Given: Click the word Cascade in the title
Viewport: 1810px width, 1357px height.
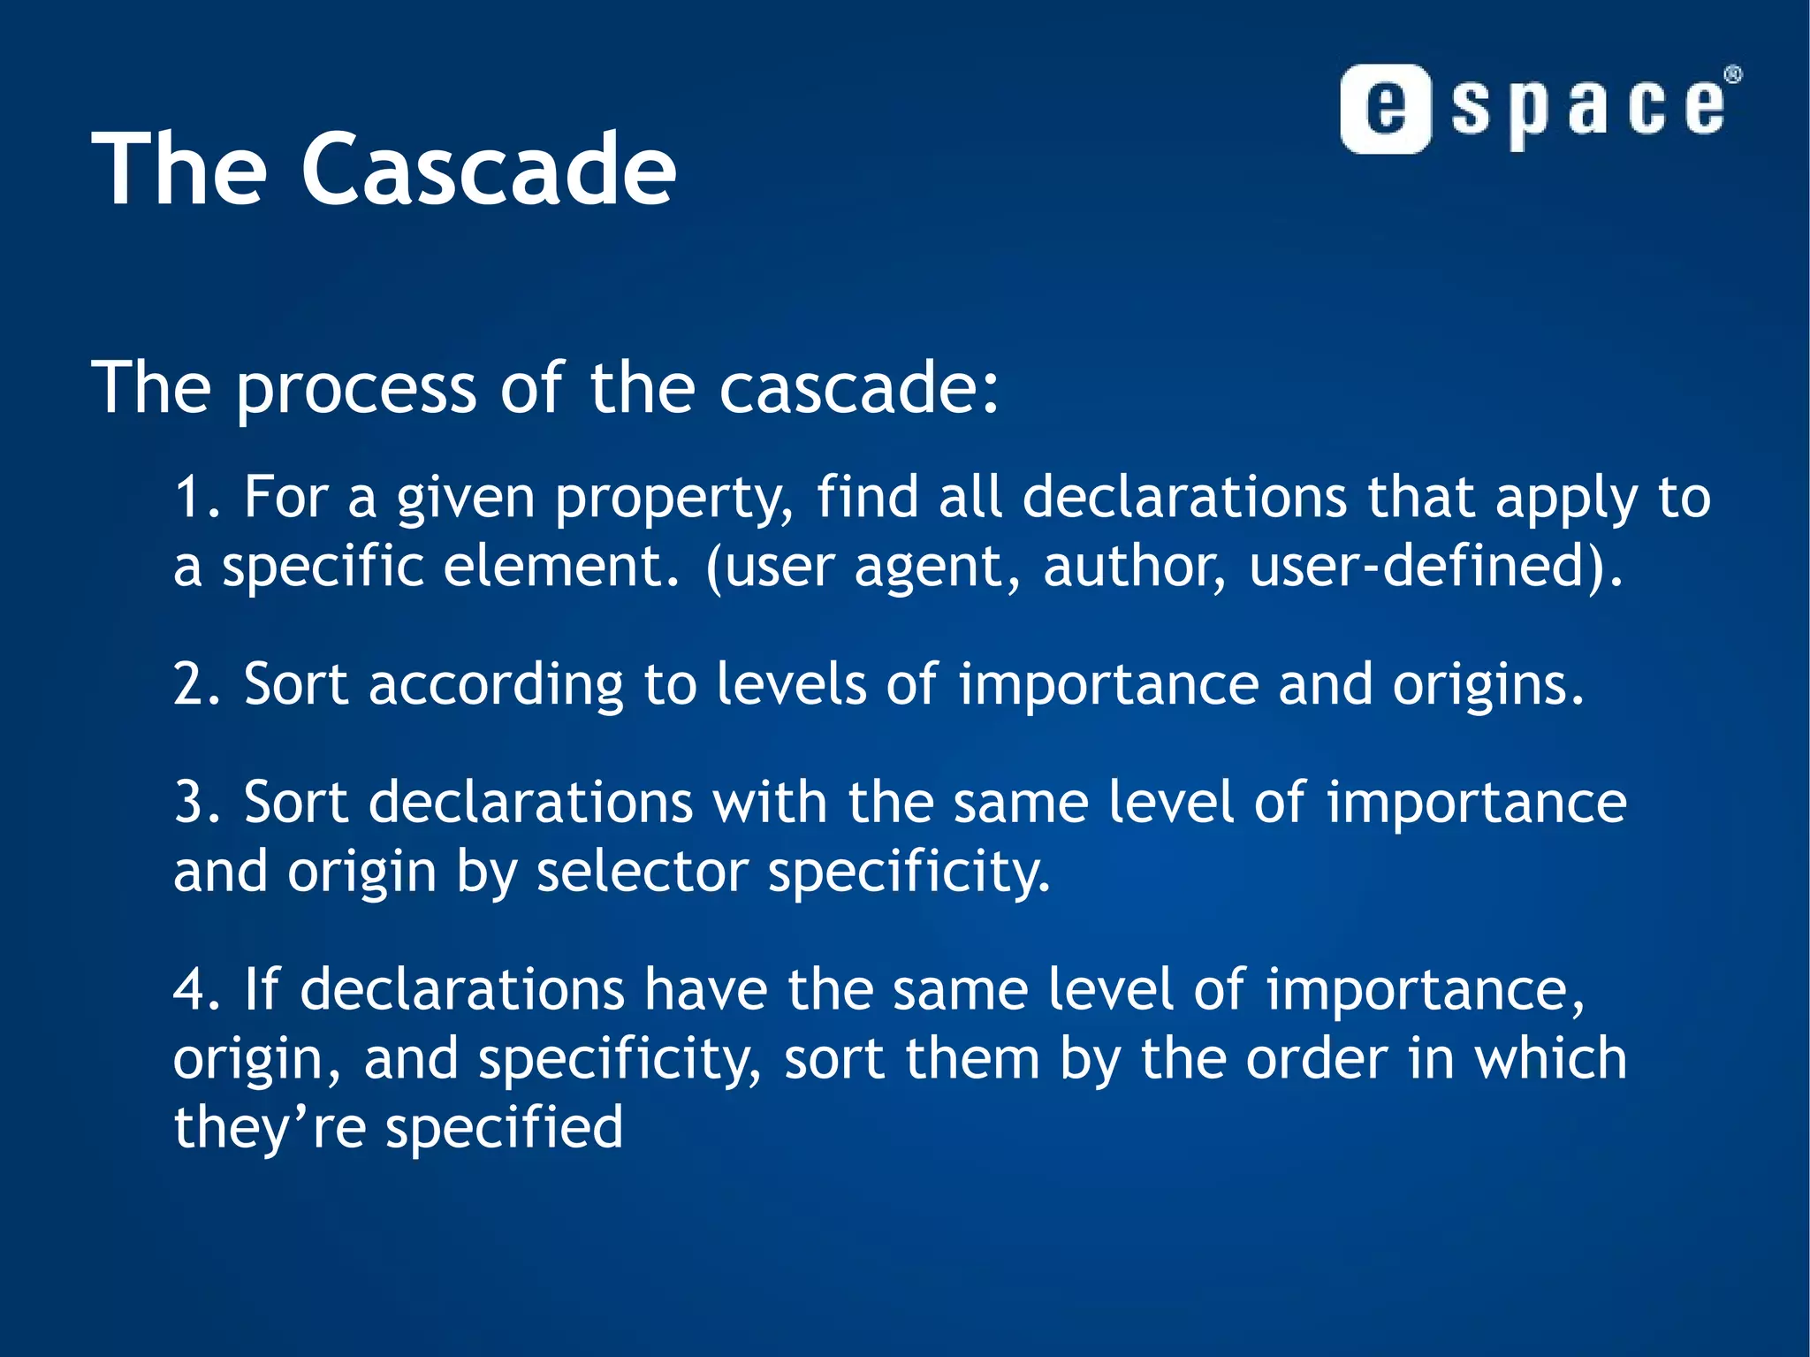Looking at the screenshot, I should point(489,169).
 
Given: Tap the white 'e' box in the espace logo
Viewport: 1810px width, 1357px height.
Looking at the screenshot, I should point(1385,109).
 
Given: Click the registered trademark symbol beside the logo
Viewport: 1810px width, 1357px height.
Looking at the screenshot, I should point(1733,75).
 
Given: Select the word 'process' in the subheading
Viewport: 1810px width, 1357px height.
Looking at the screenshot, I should point(356,388).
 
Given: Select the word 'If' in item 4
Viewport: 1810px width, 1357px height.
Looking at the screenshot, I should point(262,989).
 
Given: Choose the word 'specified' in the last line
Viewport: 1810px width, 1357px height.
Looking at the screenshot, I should point(505,1129).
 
